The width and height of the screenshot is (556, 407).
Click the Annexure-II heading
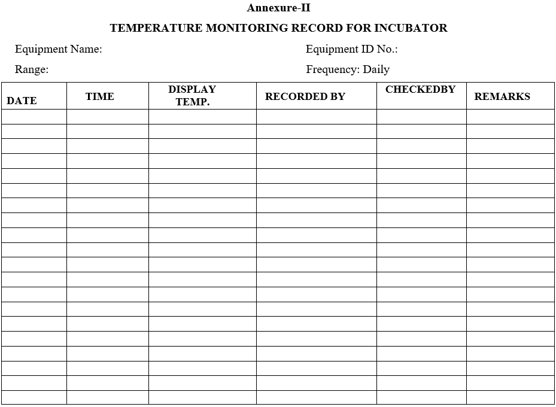[278, 8]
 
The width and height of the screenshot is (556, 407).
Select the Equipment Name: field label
[58, 49]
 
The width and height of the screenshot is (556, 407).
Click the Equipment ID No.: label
[351, 49]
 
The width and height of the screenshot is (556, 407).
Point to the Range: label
[32, 69]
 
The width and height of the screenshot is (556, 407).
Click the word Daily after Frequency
[376, 69]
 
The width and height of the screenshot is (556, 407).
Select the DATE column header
[22, 101]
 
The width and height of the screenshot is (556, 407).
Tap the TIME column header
[99, 96]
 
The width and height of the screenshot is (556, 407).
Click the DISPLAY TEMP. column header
[192, 96]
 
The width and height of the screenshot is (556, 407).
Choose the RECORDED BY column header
[305, 96]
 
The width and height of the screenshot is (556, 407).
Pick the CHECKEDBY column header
[420, 89]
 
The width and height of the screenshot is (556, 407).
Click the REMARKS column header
[502, 96]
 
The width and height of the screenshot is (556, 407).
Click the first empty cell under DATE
[34, 117]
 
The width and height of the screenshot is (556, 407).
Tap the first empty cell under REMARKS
[510, 117]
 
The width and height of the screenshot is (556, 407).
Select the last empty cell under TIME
[108, 397]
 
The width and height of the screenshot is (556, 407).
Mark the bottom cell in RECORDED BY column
[317, 397]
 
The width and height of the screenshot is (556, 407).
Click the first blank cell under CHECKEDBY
[421, 117]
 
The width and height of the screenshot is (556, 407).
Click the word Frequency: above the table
[333, 69]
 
